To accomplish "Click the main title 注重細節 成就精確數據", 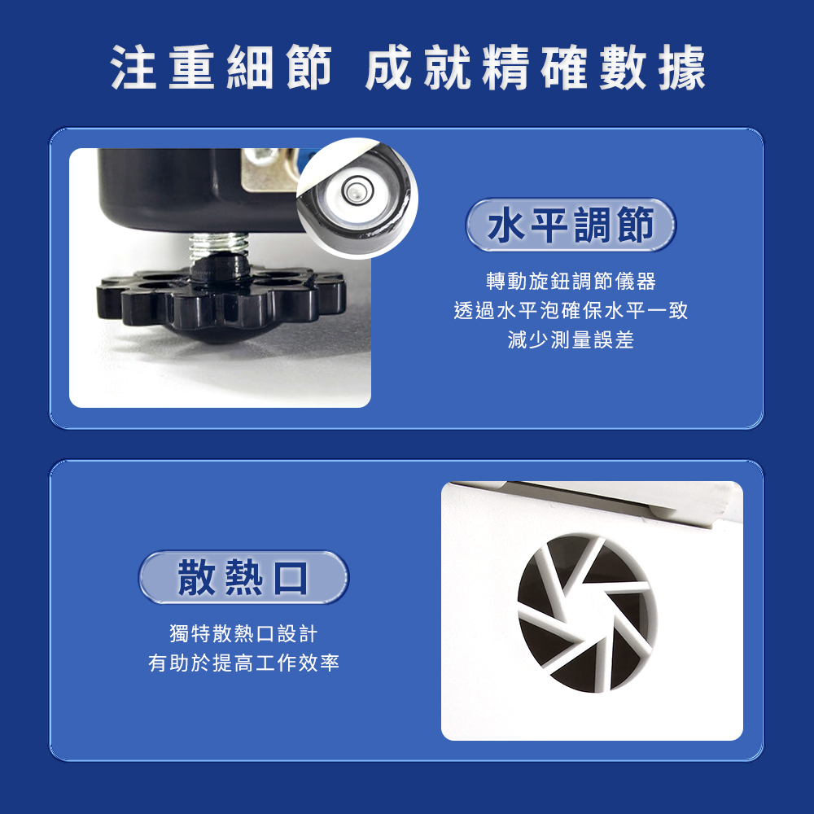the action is [x=408, y=68].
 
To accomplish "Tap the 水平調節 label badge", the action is [x=571, y=225].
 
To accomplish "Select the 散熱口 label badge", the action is [x=243, y=577].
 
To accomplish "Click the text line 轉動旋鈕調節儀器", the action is [x=571, y=282].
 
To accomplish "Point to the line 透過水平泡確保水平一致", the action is [x=571, y=310].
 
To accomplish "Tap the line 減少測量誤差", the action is [x=571, y=340].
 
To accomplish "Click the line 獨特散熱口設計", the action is [x=243, y=633].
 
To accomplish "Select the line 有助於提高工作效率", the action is [x=243, y=663].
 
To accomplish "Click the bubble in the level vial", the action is [x=354, y=190].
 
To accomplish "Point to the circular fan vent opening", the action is [x=587, y=613].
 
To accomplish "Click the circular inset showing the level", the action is [x=357, y=198].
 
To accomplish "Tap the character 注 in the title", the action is [x=133, y=68].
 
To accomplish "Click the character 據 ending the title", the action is [x=682, y=68].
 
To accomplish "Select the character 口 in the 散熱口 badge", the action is [x=291, y=577].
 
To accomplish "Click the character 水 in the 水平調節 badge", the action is [x=507, y=225].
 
